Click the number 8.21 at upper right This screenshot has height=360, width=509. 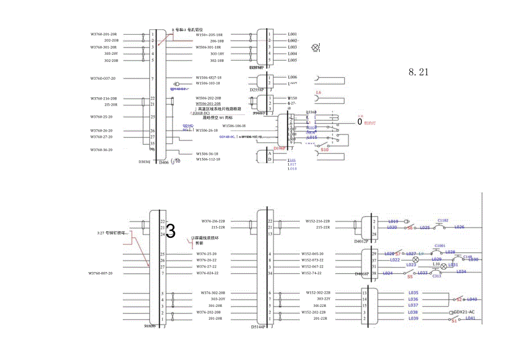click(x=419, y=71)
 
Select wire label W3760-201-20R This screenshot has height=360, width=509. click(x=107, y=34)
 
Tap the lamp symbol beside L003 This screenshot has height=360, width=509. click(x=316, y=48)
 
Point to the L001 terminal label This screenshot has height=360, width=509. click(x=292, y=34)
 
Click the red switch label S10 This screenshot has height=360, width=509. click(x=325, y=149)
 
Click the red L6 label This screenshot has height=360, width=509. click(x=318, y=92)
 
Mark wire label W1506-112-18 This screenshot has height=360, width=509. click(x=207, y=159)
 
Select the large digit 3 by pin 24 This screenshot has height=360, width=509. click(x=171, y=232)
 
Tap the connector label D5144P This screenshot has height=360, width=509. click(x=259, y=326)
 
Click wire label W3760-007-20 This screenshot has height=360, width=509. click(x=100, y=273)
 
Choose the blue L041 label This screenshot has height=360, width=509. click(x=470, y=318)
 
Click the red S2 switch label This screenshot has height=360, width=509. click(x=459, y=299)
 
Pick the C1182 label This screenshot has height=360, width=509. click(x=442, y=221)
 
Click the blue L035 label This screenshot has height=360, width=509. click(x=413, y=293)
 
